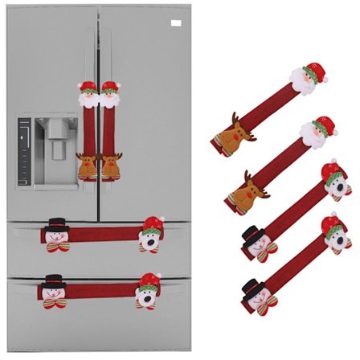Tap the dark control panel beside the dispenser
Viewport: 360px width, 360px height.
point(25,153)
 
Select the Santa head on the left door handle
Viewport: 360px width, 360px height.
point(88,95)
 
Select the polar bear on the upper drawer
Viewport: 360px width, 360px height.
point(150,234)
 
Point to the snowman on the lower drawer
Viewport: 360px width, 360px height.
point(53,292)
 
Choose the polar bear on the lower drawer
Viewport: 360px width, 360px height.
point(148,292)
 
